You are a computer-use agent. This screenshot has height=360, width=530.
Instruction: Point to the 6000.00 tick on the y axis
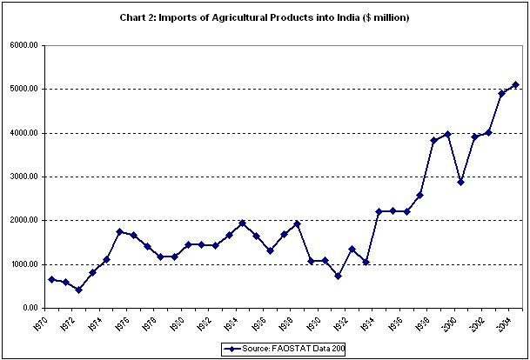(23, 45)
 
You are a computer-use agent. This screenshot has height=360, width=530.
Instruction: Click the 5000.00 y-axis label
(23, 89)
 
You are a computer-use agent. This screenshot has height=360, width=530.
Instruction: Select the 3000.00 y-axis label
(23, 177)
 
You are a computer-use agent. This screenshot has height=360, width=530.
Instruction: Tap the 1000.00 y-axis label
(23, 264)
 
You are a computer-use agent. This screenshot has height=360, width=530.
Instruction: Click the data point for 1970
(51, 279)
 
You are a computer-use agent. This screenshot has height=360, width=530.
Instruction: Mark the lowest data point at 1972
(78, 290)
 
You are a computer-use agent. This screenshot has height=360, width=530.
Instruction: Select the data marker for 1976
(119, 231)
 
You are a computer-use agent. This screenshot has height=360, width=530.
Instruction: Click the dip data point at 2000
(460, 182)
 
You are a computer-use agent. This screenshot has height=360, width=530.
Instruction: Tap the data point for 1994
(379, 211)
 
